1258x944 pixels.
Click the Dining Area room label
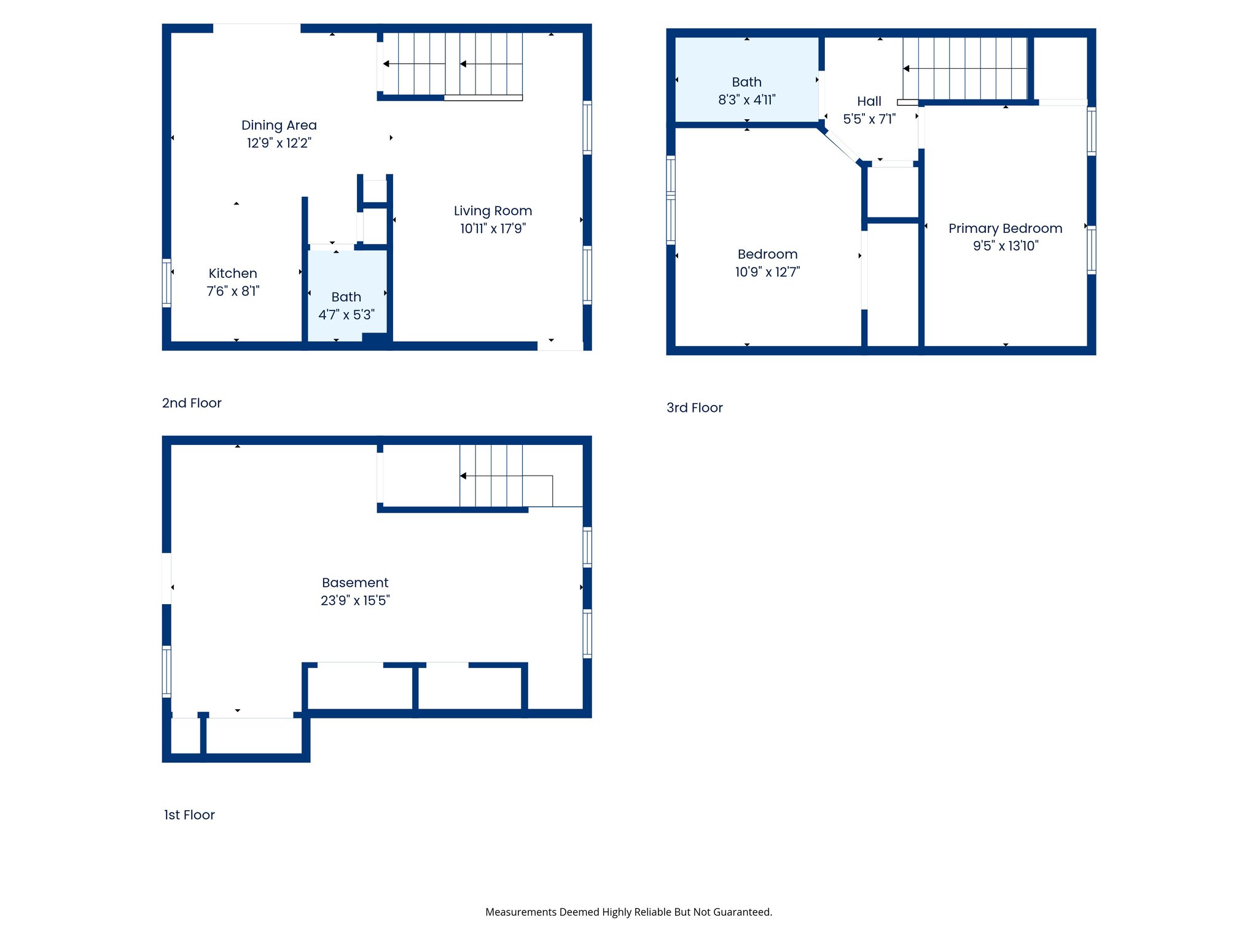pyautogui.click(x=279, y=125)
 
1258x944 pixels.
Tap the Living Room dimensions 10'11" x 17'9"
pyautogui.click(x=493, y=229)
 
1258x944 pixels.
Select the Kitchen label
pyautogui.click(x=233, y=273)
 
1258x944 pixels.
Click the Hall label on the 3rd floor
pyautogui.click(x=869, y=101)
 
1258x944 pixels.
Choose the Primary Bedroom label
pyautogui.click(x=1005, y=229)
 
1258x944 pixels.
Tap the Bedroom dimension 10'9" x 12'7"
pyautogui.click(x=767, y=272)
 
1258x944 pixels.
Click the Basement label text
pyautogui.click(x=355, y=583)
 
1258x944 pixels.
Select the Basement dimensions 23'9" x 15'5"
pyautogui.click(x=355, y=600)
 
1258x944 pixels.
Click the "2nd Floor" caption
pyautogui.click(x=192, y=403)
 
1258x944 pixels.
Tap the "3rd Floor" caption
pyautogui.click(x=694, y=408)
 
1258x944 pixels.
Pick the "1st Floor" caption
pyautogui.click(x=189, y=815)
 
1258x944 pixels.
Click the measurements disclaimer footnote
pyautogui.click(x=628, y=912)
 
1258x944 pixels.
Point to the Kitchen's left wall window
pyautogui.click(x=166, y=283)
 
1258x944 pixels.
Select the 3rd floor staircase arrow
pyautogui.click(x=907, y=68)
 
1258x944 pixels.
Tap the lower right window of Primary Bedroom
pyautogui.click(x=1091, y=250)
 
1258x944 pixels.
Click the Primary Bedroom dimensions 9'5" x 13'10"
pyautogui.click(x=1005, y=246)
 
